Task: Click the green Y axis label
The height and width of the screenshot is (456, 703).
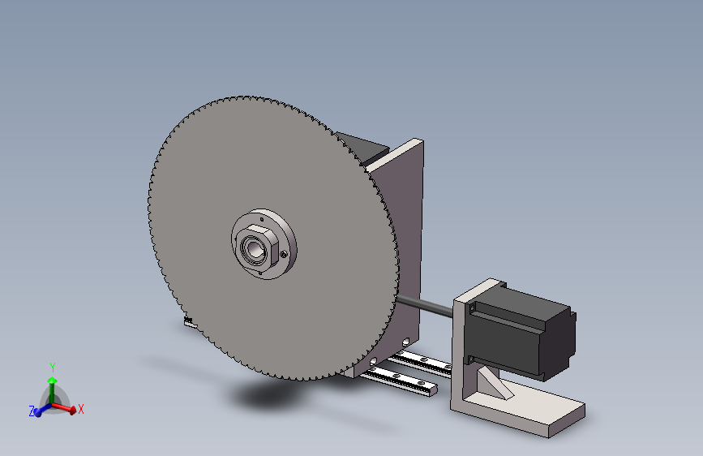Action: coord(53,368)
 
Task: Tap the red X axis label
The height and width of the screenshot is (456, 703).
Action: coord(81,409)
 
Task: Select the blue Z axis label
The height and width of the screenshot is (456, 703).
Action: coord(32,411)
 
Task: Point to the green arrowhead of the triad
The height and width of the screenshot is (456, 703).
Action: coord(53,381)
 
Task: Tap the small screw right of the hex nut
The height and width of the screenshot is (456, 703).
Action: coord(283,255)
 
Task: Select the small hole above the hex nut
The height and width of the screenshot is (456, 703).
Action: coord(262,219)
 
